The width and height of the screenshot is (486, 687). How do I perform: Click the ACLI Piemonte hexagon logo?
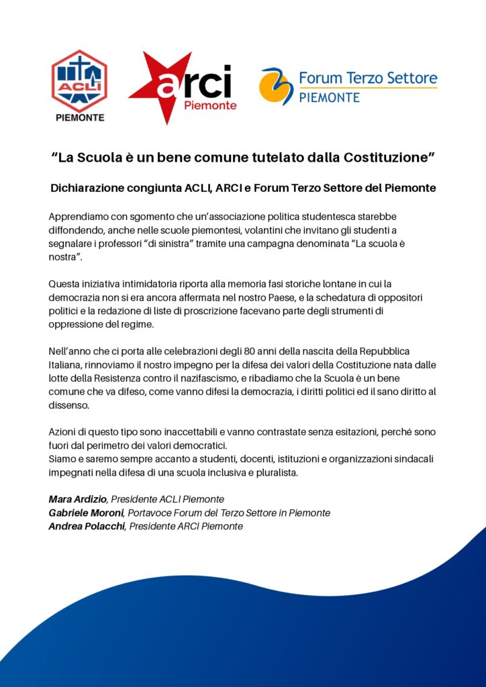point(79,81)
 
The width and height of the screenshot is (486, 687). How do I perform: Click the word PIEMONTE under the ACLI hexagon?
point(79,118)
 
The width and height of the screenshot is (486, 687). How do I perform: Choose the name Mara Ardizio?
point(79,499)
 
